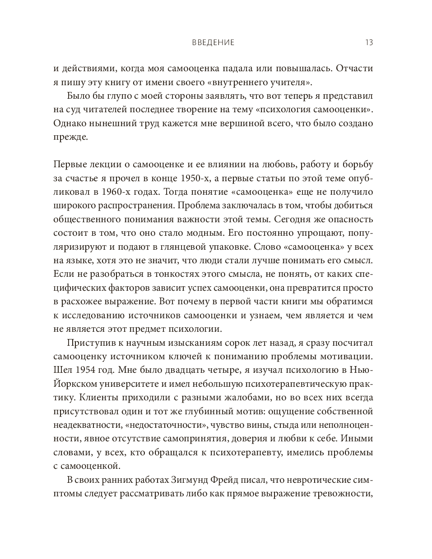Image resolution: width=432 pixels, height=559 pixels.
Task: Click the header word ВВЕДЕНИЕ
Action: pos(213,43)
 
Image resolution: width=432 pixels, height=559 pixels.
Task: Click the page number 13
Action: pos(368,43)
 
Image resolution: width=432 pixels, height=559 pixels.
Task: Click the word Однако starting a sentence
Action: pos(68,123)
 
